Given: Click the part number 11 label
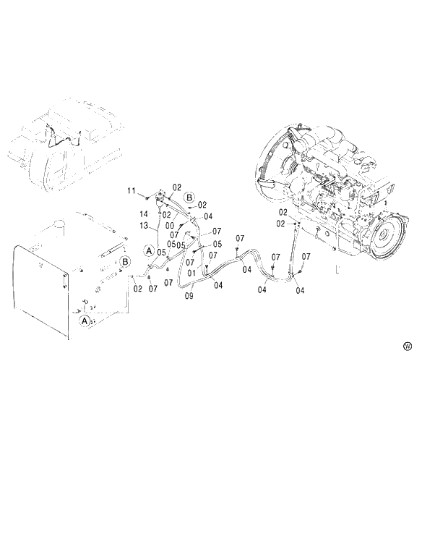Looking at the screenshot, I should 132,190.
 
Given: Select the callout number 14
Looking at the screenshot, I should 144,215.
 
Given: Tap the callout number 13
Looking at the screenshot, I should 144,226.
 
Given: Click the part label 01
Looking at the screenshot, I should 192,273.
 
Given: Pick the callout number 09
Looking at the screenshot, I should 189,295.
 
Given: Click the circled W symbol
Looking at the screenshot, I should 408,347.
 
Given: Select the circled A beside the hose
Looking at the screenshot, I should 149,251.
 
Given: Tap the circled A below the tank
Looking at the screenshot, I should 85,320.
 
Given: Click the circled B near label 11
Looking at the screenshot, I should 189,197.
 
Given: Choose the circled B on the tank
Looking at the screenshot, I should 125,261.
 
